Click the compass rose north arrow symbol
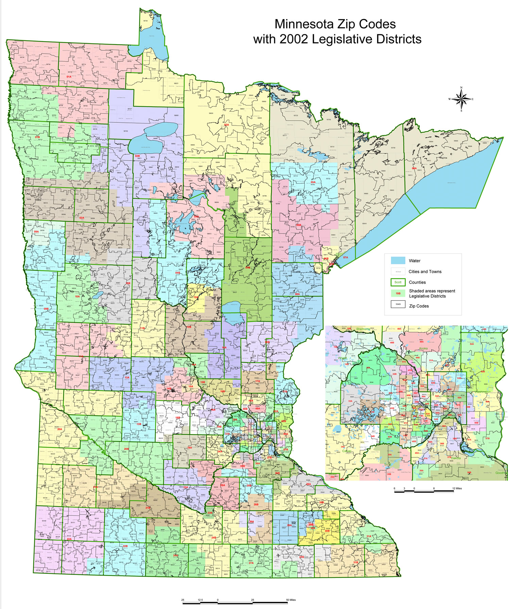[461, 99]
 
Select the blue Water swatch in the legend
[398, 260]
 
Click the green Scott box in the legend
[398, 282]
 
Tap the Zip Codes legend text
[419, 306]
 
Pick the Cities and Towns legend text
[425, 271]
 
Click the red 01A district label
[69, 77]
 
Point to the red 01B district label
[37, 137]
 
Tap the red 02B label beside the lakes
[137, 156]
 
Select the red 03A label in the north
[226, 125]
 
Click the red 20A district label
[60, 429]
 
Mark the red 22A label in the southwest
[69, 539]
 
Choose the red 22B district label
[125, 546]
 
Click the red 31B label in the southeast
[355, 562]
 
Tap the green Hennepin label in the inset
[385, 399]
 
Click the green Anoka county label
[423, 349]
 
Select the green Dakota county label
[456, 458]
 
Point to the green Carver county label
[347, 451]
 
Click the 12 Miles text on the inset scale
[457, 488]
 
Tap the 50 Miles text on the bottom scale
[291, 600]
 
